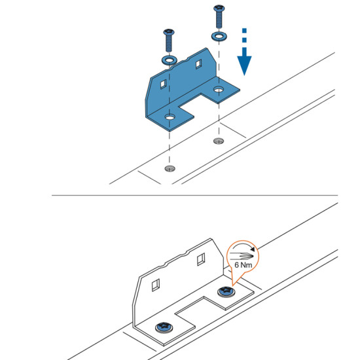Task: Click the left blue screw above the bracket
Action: [169, 41]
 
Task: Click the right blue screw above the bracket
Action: [219, 16]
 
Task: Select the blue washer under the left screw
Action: [170, 60]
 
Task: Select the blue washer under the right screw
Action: [219, 36]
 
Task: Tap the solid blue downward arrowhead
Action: [244, 64]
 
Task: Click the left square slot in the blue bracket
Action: [163, 84]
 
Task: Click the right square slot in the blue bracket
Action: [198, 64]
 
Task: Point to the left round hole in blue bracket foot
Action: [170, 118]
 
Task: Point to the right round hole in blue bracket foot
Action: [219, 89]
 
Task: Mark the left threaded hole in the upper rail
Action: [170, 169]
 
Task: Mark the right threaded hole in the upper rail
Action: [219, 141]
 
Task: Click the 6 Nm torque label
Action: [243, 265]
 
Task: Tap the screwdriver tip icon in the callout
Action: [242, 255]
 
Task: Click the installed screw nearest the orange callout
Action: [226, 292]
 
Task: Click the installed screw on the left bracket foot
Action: [164, 327]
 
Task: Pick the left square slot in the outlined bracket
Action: [156, 285]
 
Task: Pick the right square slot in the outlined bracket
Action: [201, 259]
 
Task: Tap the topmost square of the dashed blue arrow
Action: [244, 31]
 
